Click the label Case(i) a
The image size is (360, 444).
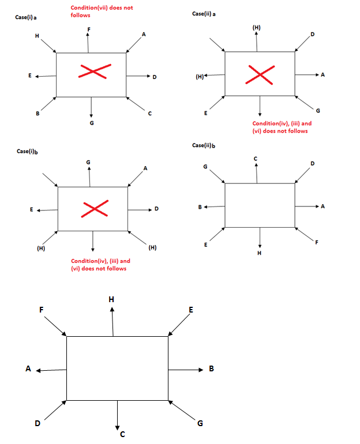click(27, 18)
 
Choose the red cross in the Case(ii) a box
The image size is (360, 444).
click(261, 74)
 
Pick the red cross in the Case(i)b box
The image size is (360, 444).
click(95, 209)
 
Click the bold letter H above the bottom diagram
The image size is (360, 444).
click(112, 299)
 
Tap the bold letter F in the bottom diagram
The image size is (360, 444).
click(42, 310)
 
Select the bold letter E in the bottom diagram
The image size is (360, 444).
click(190, 310)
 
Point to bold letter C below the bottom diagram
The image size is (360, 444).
click(122, 434)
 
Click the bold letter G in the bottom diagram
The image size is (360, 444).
click(200, 424)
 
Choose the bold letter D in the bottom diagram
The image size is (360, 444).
click(37, 423)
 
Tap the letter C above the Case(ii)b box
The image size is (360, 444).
click(255, 158)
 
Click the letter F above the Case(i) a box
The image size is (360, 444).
click(88, 29)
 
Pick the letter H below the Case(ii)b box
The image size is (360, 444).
click(260, 253)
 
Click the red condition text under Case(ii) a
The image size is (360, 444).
click(280, 127)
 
